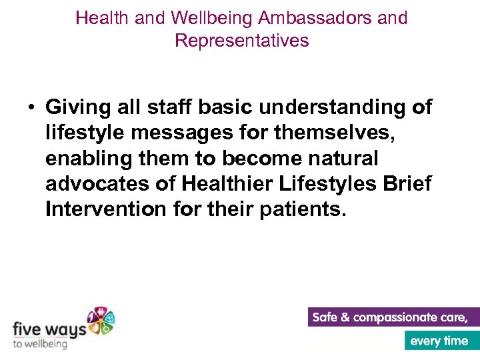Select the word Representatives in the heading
point(241,41)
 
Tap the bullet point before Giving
point(31,107)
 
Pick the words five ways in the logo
point(49,329)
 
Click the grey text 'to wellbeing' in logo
point(40,344)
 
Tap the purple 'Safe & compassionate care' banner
point(394,317)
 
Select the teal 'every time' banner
point(440,341)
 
